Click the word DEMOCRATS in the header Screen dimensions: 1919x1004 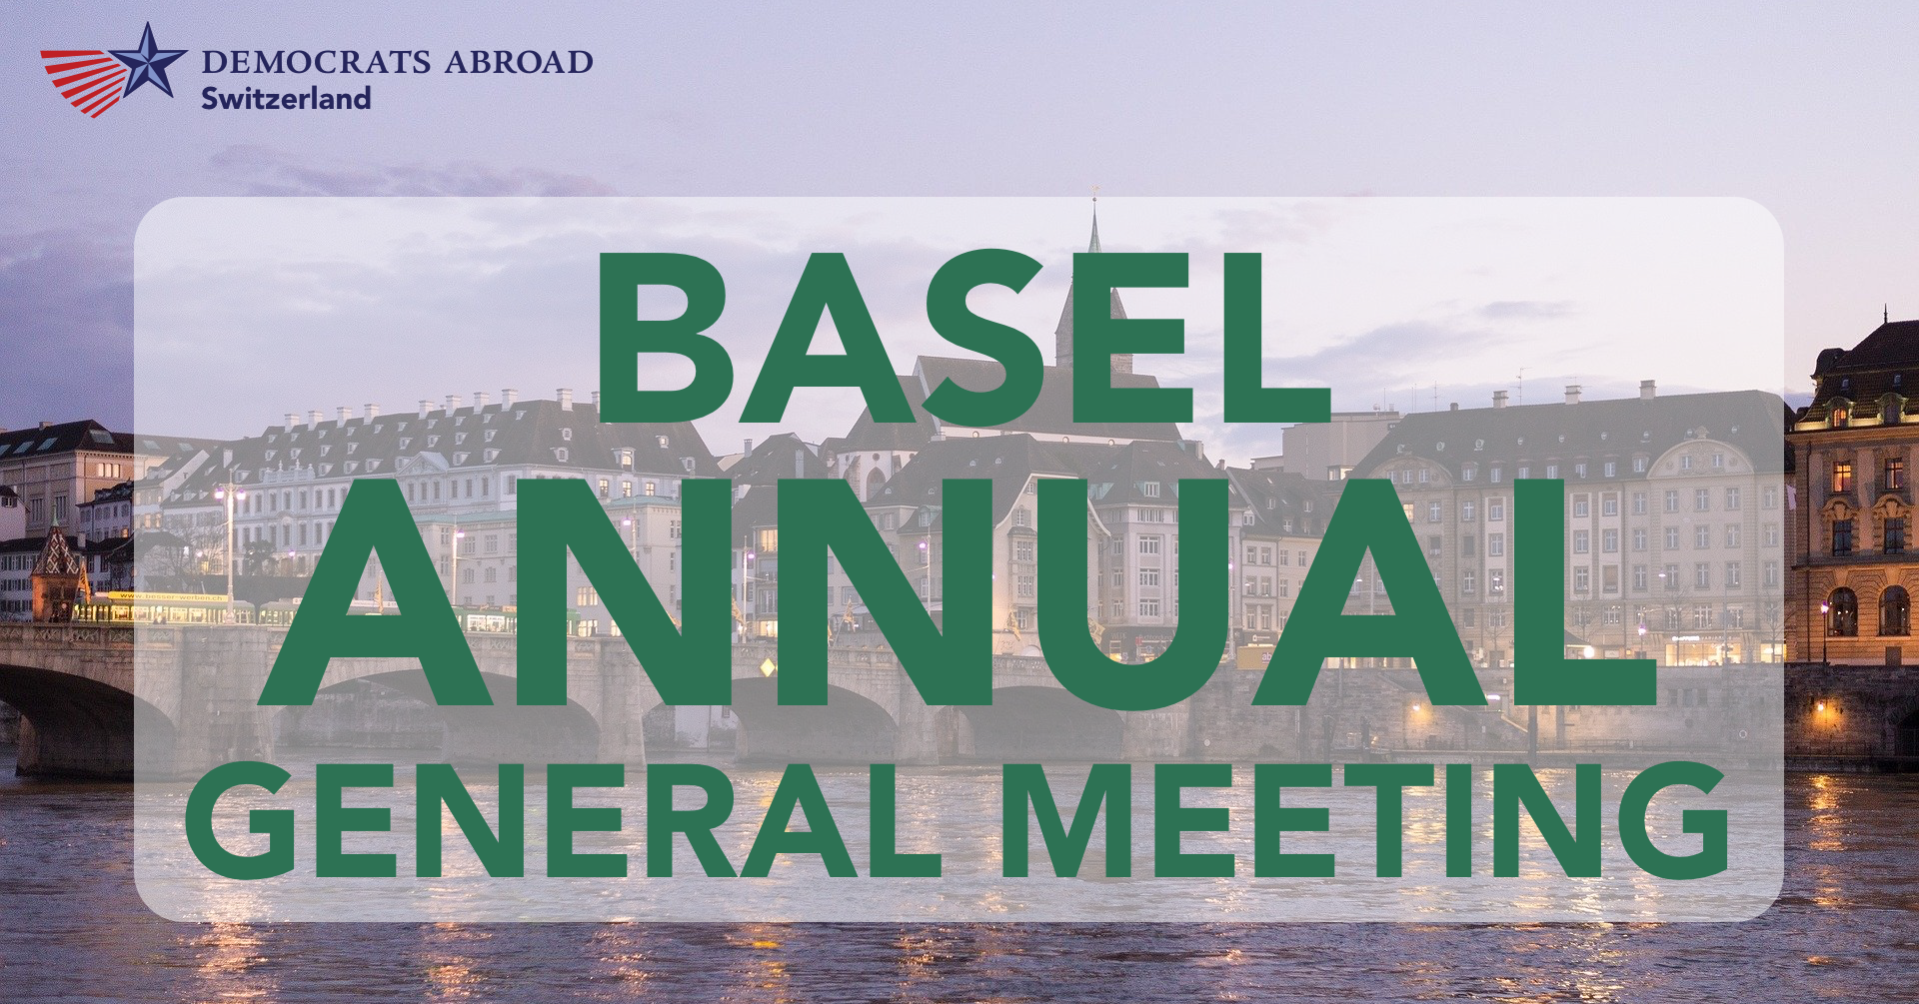click(316, 62)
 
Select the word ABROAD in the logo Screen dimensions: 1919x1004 click(519, 62)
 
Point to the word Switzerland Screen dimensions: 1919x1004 click(286, 98)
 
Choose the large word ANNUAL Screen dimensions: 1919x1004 click(958, 593)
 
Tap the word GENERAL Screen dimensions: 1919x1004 click(563, 820)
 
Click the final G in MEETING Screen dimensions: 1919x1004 click(1674, 820)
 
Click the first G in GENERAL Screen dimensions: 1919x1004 click(241, 820)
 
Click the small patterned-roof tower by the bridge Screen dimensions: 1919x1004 click(58, 569)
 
